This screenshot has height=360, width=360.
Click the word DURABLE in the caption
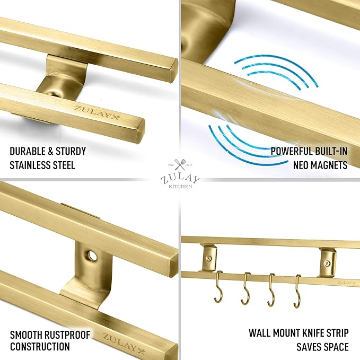click(x=28, y=151)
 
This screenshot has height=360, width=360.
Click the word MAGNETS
click(x=330, y=165)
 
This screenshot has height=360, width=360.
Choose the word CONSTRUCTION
click(x=40, y=347)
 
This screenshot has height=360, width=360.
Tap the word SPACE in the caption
click(x=335, y=347)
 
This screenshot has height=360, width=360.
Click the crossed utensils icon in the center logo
click(x=179, y=164)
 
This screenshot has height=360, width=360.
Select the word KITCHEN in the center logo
click(x=180, y=187)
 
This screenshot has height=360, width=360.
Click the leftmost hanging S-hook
click(x=218, y=286)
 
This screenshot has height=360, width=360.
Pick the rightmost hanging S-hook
click(x=297, y=292)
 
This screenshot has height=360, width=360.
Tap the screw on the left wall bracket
click(x=209, y=259)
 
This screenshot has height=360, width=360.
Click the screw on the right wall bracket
click(x=328, y=262)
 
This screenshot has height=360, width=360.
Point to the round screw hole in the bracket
click(x=92, y=255)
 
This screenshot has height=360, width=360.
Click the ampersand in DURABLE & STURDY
click(x=50, y=151)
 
